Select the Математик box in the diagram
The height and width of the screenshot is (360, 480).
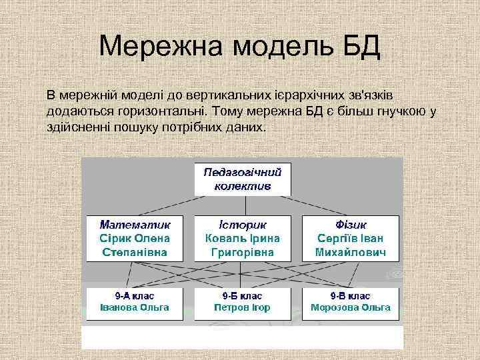click(x=135, y=238)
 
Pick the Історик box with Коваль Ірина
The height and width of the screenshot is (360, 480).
click(x=243, y=238)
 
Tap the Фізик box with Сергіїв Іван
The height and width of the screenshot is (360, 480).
click(x=351, y=238)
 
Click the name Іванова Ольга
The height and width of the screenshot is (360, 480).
click(x=135, y=308)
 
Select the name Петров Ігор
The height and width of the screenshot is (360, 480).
click(x=243, y=308)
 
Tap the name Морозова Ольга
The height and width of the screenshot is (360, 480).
click(x=351, y=308)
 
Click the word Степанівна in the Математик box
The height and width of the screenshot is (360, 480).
click(x=135, y=253)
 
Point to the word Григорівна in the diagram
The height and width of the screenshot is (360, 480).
click(x=243, y=253)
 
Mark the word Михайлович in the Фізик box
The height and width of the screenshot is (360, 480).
click(x=351, y=253)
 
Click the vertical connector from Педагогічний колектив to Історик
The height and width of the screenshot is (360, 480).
click(x=243, y=205)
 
